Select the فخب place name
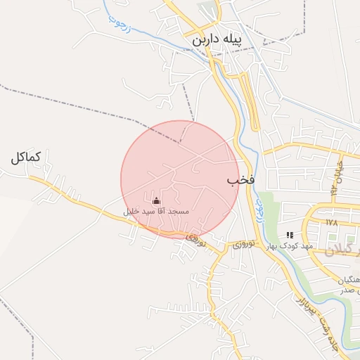tap(240, 181)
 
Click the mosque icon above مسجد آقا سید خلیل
tap(155, 201)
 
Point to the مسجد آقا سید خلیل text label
tap(155, 211)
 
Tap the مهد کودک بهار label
tap(289, 246)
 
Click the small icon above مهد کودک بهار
tap(290, 235)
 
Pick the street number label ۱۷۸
tap(333, 222)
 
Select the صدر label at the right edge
tap(352, 290)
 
